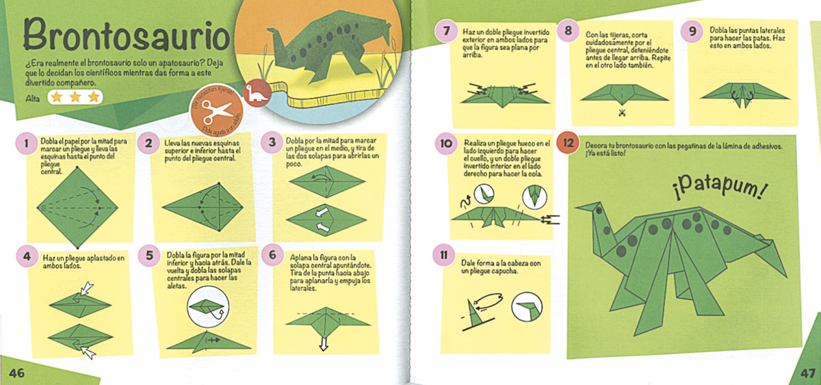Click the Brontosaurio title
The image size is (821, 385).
127,36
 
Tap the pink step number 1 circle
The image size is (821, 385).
27,143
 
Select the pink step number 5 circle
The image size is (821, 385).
149,255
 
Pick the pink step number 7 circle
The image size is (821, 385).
446,30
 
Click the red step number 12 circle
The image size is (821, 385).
568,143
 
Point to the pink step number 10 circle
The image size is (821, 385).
446,143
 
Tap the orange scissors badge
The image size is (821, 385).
217,111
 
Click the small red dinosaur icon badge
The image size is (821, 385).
257,93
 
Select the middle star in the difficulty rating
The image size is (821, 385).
75,97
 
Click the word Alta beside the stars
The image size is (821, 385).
33,98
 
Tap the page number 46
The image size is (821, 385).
17,373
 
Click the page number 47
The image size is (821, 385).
807,373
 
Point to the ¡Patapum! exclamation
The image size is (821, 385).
719,189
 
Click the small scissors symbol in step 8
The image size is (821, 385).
622,114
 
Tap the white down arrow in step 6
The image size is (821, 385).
323,343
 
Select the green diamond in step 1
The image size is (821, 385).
77,208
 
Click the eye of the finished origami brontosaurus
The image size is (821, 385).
599,211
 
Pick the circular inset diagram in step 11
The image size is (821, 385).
527,306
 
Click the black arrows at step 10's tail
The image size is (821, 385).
550,220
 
